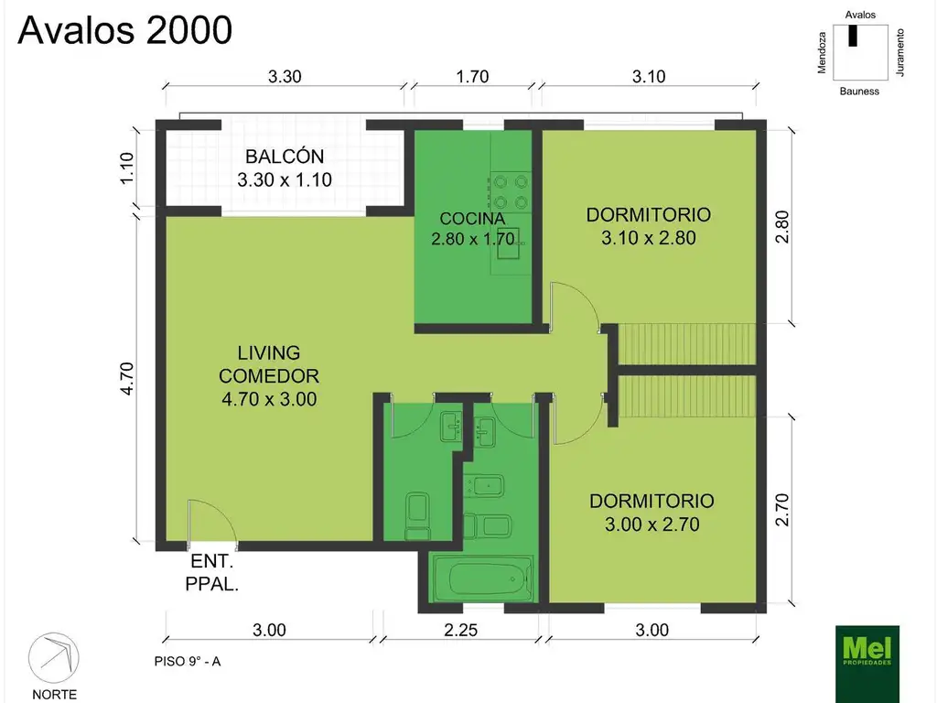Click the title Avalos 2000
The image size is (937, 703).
(x=124, y=30)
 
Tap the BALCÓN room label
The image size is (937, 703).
(x=285, y=157)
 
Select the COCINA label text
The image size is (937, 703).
(x=472, y=219)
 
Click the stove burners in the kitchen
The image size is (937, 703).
(x=511, y=191)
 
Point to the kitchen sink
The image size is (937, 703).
(x=508, y=243)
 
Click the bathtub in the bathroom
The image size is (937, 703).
(x=481, y=579)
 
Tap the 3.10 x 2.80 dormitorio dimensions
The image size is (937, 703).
(x=649, y=238)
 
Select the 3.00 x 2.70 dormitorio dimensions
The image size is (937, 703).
(x=652, y=525)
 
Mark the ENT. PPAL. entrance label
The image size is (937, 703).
(x=212, y=573)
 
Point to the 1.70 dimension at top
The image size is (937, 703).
(x=472, y=77)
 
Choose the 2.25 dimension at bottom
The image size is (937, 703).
(x=461, y=630)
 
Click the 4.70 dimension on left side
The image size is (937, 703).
(x=126, y=378)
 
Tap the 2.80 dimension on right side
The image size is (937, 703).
(x=781, y=227)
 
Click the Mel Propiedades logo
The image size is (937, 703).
(x=867, y=664)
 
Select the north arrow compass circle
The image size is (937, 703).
(x=54, y=658)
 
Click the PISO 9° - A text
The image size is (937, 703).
(x=188, y=661)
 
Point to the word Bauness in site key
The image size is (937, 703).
(x=859, y=92)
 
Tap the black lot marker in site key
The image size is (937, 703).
(x=853, y=36)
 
